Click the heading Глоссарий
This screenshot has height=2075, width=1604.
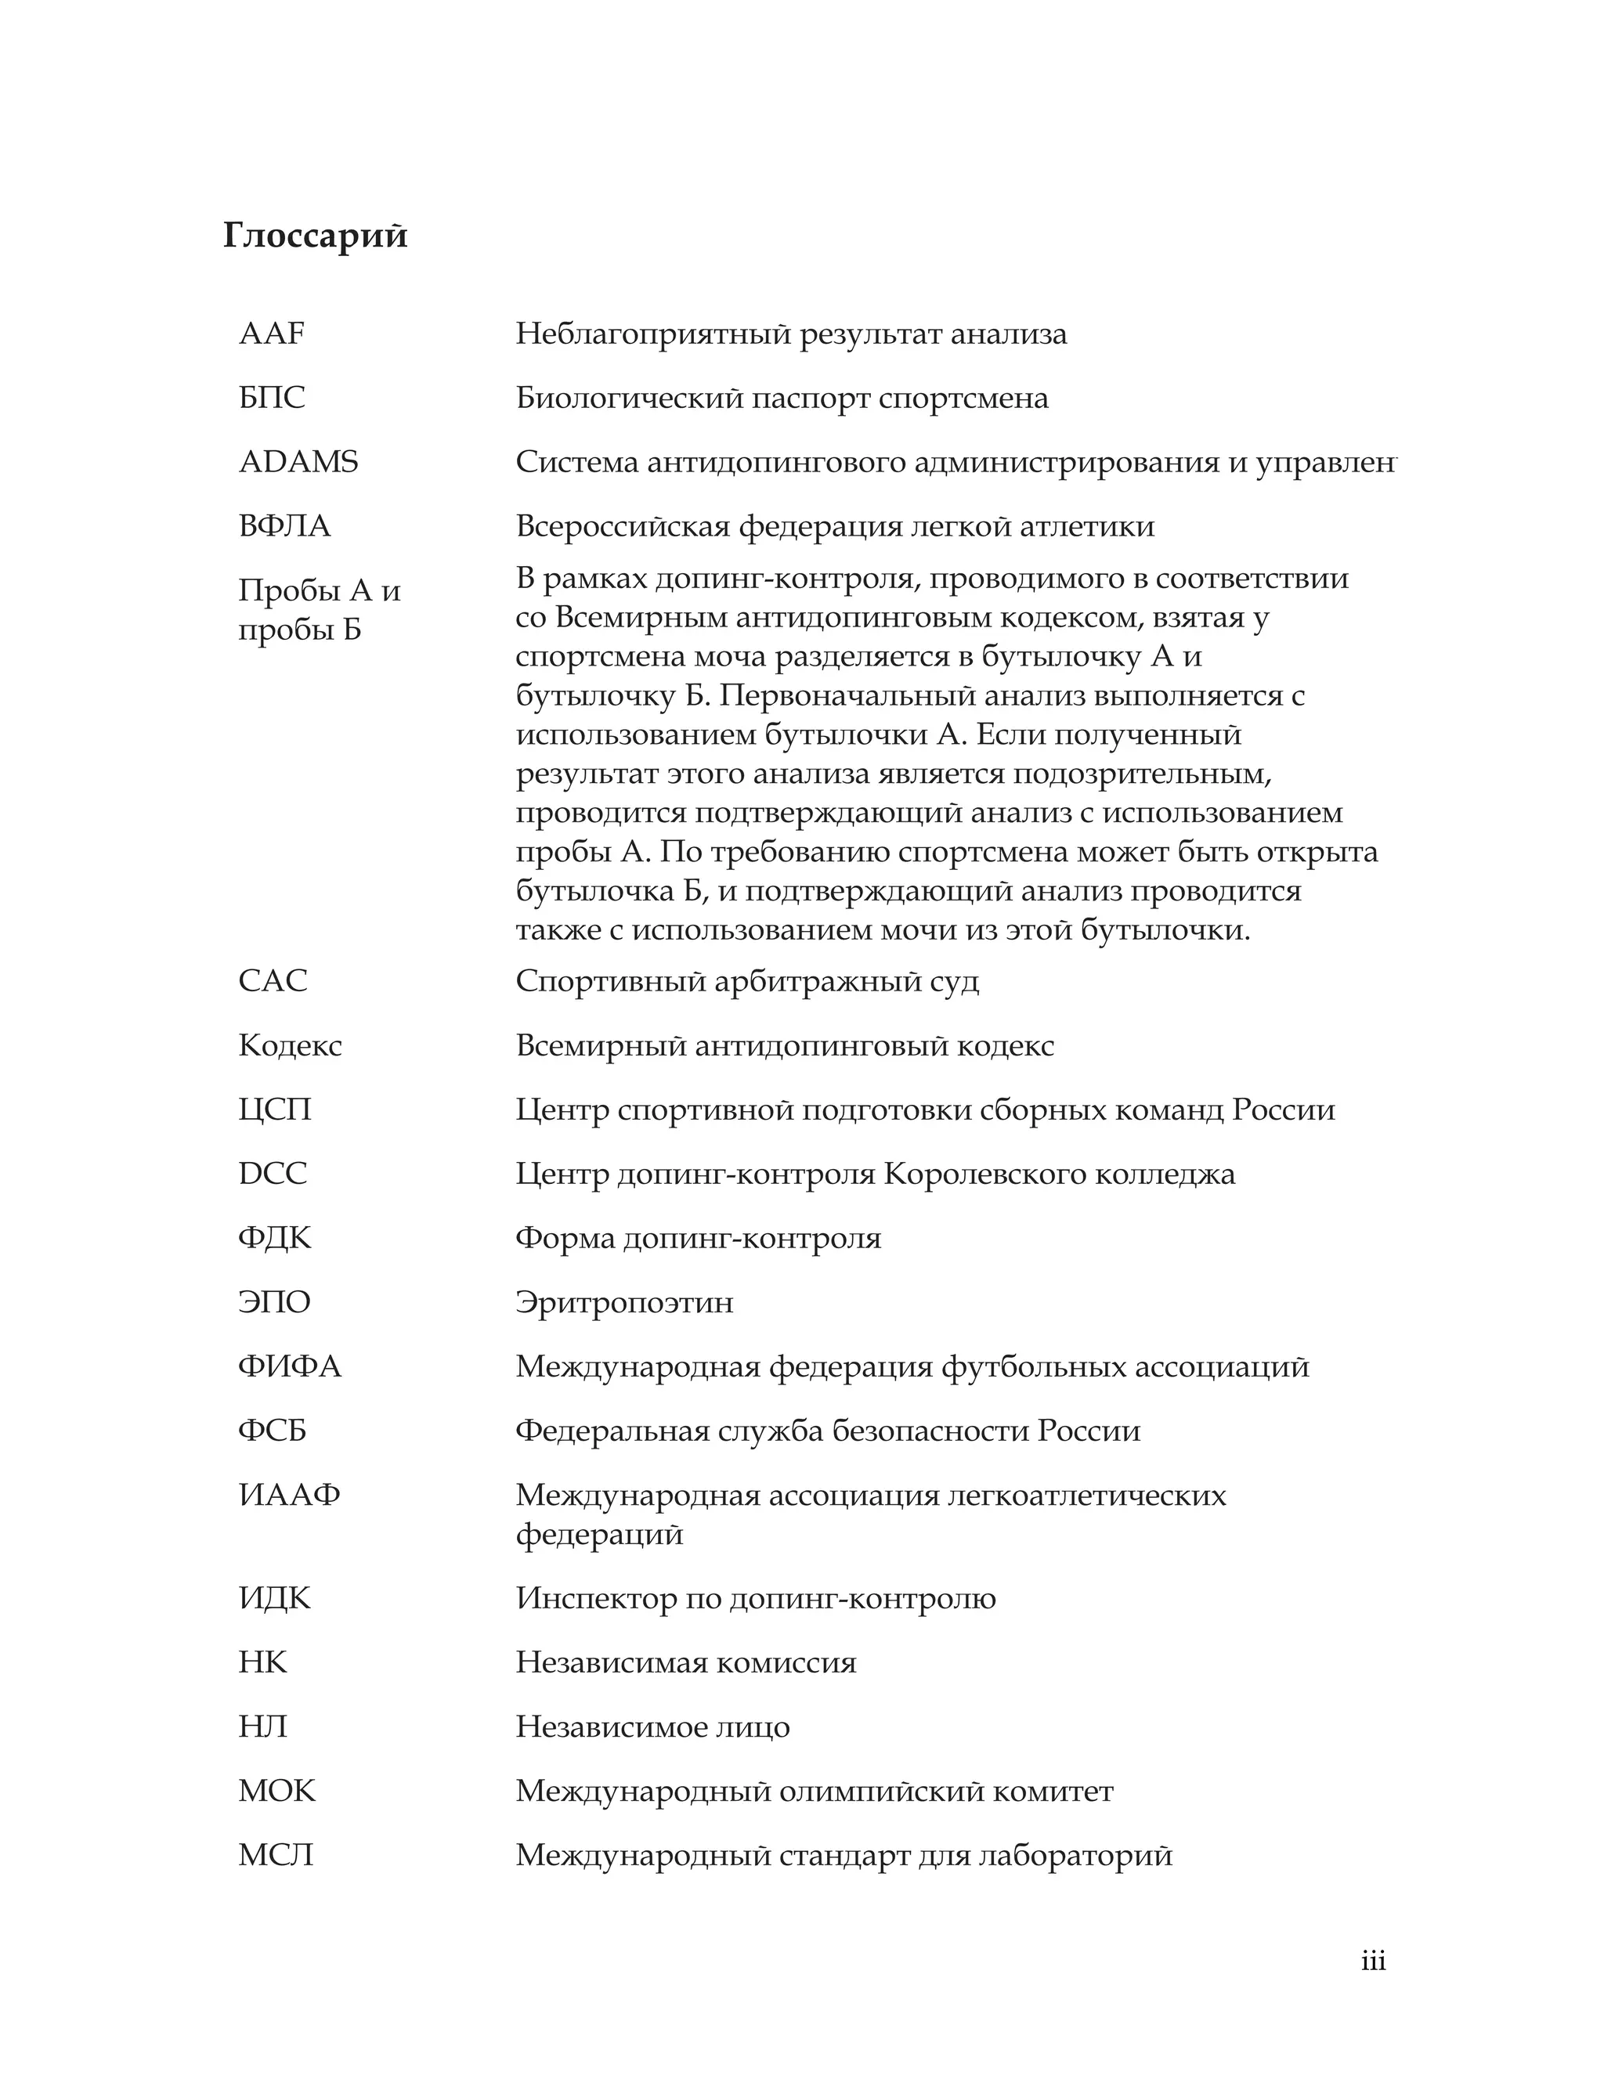(x=315, y=236)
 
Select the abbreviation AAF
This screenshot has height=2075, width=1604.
(x=272, y=334)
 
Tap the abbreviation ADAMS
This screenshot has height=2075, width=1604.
(x=298, y=463)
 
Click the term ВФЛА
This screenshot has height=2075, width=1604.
(x=284, y=526)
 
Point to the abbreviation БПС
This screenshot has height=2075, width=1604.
(x=272, y=398)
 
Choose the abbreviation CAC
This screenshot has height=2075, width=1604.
(x=273, y=981)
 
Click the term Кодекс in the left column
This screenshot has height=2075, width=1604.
(x=290, y=1046)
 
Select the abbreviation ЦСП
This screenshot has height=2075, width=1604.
(x=275, y=1110)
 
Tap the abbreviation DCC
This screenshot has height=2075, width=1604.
(x=273, y=1175)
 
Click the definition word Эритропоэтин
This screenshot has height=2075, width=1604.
(x=624, y=1303)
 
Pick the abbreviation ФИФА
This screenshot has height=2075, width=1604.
(x=290, y=1367)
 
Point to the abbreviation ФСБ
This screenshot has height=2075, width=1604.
(x=272, y=1431)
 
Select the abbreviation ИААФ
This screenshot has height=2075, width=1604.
(x=289, y=1496)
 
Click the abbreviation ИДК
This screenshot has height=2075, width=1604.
(x=275, y=1599)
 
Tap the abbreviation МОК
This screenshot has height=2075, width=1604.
(x=276, y=1792)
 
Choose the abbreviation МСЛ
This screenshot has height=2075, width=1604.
(x=276, y=1856)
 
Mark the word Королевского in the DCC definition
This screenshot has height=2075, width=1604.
(x=984, y=1175)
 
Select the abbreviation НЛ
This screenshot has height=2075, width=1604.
(x=262, y=1727)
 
